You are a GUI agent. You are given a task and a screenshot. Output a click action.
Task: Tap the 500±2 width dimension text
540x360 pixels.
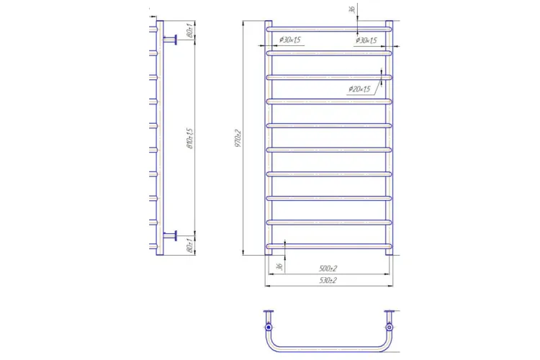pos(328,269)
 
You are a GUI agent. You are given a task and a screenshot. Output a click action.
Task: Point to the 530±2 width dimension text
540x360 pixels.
pos(328,280)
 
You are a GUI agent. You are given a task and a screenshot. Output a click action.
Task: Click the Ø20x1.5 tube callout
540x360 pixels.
pos(358,89)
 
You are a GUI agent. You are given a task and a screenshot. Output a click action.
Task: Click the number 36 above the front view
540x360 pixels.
pos(350,10)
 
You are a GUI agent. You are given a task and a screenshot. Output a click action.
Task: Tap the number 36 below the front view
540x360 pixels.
pos(278,267)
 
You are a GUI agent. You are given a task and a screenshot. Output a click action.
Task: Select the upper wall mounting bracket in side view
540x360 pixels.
pos(171,39)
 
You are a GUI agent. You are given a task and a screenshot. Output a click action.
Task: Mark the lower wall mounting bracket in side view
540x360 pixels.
pos(171,234)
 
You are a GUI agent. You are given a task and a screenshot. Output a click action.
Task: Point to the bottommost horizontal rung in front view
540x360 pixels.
pos(330,246)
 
